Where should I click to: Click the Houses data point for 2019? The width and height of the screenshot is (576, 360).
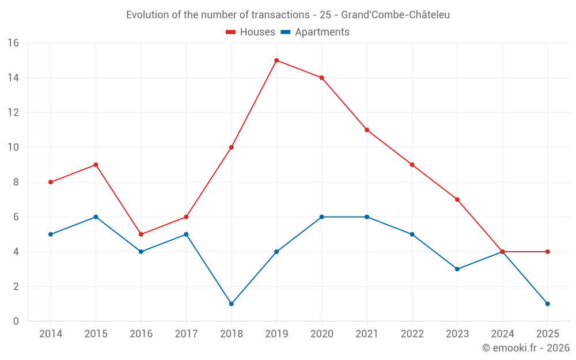276,60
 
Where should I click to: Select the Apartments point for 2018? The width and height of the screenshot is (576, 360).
232,304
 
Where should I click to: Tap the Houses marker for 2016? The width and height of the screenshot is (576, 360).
141,234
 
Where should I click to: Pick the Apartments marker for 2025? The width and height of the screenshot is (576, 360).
547,304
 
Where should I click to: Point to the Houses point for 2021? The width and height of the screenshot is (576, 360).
367,130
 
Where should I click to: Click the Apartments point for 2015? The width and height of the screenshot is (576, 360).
96,217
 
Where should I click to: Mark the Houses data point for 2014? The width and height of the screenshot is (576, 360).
51,182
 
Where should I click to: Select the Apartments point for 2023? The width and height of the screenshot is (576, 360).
457,269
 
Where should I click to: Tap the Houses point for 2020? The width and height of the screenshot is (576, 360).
321,78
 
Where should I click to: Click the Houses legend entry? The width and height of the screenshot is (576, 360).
251,32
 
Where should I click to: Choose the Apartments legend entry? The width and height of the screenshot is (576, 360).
315,32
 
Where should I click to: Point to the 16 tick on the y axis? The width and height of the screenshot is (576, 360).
13,43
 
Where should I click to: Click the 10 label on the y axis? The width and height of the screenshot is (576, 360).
13,147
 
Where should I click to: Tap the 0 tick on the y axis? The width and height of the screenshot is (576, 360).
16,321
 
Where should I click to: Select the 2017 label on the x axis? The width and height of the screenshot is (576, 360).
186,334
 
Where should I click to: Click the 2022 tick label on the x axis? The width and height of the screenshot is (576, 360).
412,334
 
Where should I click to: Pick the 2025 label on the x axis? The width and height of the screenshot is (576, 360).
547,334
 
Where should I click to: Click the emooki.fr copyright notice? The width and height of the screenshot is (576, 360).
525,348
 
